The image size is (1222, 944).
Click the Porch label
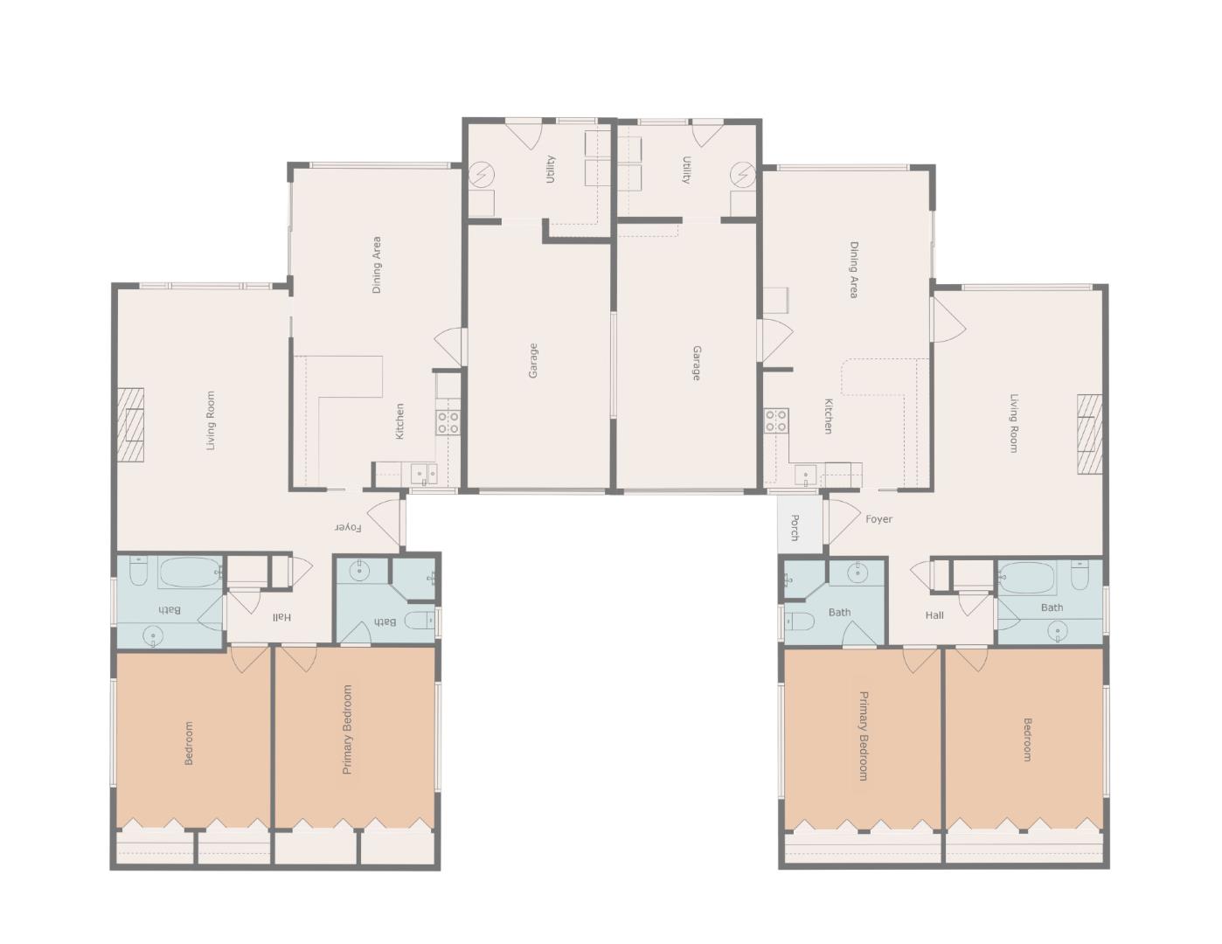click(x=795, y=527)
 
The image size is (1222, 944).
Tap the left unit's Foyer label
click(x=348, y=528)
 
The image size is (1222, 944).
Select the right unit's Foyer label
click(x=878, y=519)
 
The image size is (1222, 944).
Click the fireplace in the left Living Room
click(x=130, y=425)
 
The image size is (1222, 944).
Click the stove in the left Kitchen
click(x=448, y=422)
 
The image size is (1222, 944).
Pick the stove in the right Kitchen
click(x=776, y=420)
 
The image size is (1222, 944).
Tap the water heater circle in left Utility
click(x=482, y=174)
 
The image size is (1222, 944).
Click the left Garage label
click(x=533, y=360)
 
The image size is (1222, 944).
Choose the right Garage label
click(x=696, y=364)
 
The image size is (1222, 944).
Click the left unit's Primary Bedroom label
click(x=348, y=729)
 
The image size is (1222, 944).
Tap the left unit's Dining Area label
click(x=376, y=265)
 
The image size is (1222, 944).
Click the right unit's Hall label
click(x=934, y=615)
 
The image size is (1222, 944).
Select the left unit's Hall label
click(x=281, y=617)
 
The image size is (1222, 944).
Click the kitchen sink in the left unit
click(x=424, y=474)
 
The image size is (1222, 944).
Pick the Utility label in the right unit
click(x=686, y=170)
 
